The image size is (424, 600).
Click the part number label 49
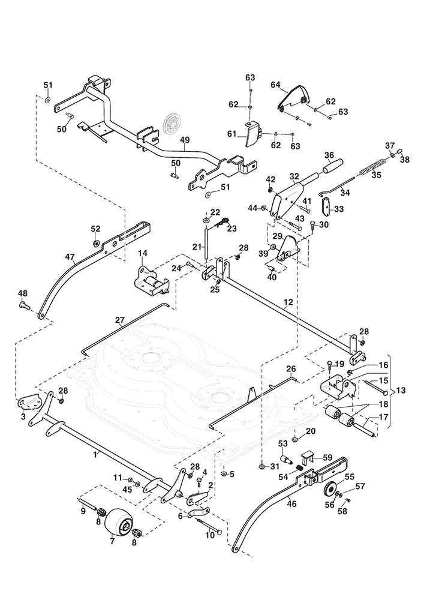coord(185,140)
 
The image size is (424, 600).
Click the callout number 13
coord(401,391)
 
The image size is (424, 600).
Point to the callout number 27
coord(120,320)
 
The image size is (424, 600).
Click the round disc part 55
coord(329,490)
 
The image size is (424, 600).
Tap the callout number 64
coord(276,85)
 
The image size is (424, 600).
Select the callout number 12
coord(288,302)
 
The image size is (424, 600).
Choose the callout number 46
coord(291,504)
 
